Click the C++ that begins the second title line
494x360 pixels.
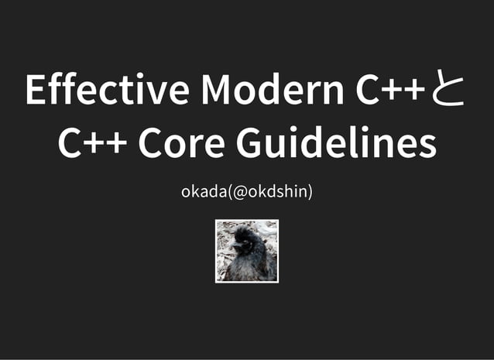(x=92, y=144)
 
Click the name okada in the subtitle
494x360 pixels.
(x=202, y=190)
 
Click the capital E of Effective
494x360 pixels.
(x=34, y=91)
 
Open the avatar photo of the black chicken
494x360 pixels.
(x=247, y=251)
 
